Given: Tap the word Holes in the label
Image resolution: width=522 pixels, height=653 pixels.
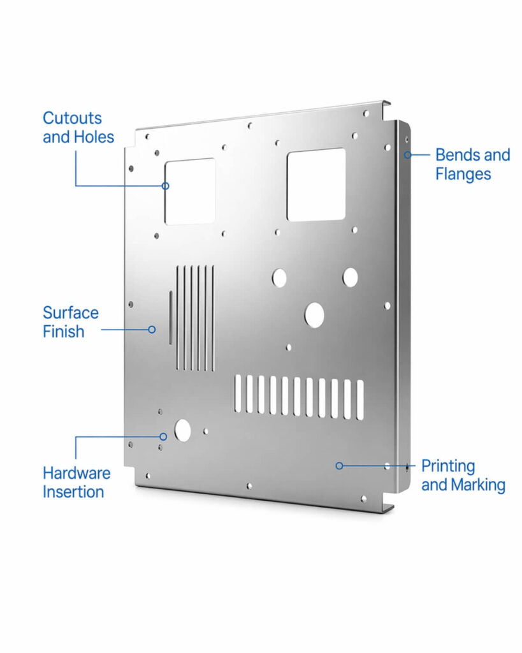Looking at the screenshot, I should pyautogui.click(x=94, y=137).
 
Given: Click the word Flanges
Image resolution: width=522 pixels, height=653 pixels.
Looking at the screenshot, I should pyautogui.click(x=463, y=173).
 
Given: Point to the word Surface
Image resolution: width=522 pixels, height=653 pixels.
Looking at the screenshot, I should pyautogui.click(x=70, y=313).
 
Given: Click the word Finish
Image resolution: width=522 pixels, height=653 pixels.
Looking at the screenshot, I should pyautogui.click(x=63, y=332).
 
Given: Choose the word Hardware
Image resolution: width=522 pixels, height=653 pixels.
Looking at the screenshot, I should pyautogui.click(x=76, y=473).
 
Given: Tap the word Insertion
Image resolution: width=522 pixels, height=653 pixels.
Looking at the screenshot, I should pyautogui.click(x=73, y=492).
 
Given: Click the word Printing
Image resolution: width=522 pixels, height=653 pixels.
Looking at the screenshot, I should pyautogui.click(x=448, y=466).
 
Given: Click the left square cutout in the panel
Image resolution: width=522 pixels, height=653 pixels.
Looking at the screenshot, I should pyautogui.click(x=190, y=191).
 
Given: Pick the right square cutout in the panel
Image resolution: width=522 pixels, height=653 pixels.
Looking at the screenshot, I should pyautogui.click(x=316, y=185).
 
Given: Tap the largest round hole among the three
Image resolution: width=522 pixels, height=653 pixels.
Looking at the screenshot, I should pyautogui.click(x=314, y=315).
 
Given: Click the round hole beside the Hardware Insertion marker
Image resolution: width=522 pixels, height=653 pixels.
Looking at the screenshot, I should pyautogui.click(x=182, y=431).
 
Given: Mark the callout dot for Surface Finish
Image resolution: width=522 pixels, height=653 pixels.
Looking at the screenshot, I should pyautogui.click(x=152, y=330).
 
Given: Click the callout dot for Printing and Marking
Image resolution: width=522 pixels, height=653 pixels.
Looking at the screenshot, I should pyautogui.click(x=339, y=466).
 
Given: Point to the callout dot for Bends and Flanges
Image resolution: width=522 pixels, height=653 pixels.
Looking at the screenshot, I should pyautogui.click(x=407, y=154).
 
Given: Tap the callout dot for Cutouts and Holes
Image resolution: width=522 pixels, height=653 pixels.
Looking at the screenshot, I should pyautogui.click(x=165, y=186).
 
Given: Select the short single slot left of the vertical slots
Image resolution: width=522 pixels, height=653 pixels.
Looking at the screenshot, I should pyautogui.click(x=170, y=318).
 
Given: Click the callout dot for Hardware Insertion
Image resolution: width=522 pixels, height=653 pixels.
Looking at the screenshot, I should pyautogui.click(x=163, y=437).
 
